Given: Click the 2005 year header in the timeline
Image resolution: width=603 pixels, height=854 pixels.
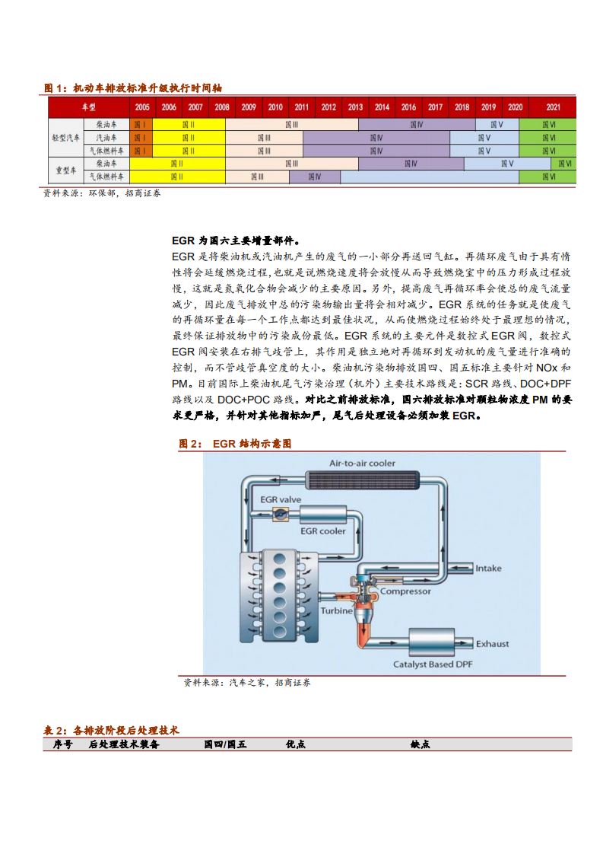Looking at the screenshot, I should (141, 107).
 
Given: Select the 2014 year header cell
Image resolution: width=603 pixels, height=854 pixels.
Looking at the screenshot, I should (382, 107).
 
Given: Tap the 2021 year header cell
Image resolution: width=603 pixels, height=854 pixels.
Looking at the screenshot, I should (553, 107).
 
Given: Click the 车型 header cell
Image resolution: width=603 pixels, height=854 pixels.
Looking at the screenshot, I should (89, 107).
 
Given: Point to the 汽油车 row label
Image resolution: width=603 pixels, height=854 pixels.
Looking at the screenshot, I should (106, 137).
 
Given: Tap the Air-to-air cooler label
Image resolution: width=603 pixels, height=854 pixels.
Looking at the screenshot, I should (362, 463).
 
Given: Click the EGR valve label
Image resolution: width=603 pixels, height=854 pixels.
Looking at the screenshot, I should (281, 499).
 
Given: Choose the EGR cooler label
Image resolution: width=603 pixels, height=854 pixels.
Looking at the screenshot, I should (322, 531).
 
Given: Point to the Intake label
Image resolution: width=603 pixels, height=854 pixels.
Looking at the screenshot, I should (488, 568).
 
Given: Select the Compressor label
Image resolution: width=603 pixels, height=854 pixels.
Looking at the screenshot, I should (405, 591).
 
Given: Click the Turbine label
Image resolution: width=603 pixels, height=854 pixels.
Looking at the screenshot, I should (336, 610).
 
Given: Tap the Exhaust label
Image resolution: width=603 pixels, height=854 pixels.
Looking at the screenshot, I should (492, 644).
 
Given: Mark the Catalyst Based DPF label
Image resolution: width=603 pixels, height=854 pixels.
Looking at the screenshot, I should (433, 664).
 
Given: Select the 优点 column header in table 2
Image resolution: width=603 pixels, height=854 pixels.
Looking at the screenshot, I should (295, 744).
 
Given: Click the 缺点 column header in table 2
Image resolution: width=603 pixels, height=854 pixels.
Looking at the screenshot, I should (420, 744).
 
